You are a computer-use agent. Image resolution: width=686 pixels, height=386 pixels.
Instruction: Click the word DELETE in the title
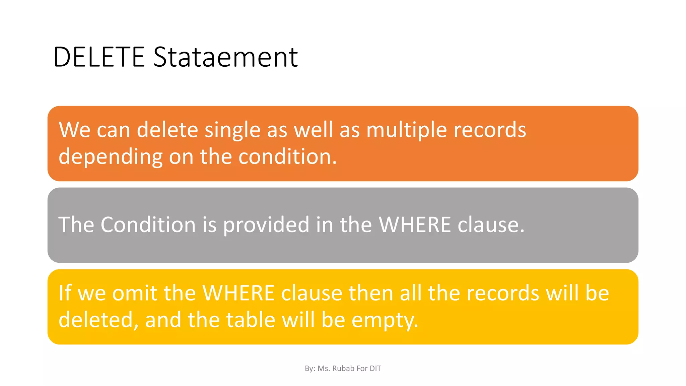tap(99, 57)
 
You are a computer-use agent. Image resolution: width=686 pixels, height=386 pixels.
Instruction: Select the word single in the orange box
tap(232, 130)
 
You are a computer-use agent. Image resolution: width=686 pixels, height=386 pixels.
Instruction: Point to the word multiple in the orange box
tap(406, 130)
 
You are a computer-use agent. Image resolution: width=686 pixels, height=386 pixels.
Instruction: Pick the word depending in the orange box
tap(111, 157)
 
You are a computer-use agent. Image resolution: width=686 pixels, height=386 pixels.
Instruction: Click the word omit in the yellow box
tap(134, 293)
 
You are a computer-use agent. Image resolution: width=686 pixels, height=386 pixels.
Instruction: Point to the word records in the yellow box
tap(503, 293)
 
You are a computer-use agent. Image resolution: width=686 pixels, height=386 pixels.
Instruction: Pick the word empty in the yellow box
tap(385, 320)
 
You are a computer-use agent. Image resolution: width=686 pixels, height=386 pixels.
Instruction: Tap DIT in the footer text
tap(375, 369)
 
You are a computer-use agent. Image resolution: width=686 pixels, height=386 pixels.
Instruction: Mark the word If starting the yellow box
tap(65, 293)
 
